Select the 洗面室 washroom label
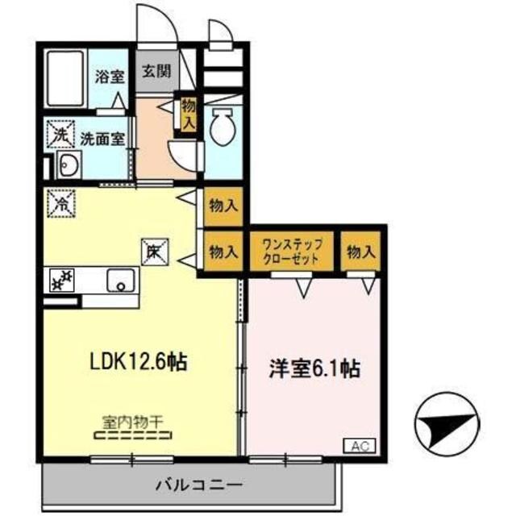pos(102,138)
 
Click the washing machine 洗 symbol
pos(60,135)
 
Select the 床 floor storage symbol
pos(154,252)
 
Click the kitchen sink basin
pos(122,281)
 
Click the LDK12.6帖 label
pos(138,362)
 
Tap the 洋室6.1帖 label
pos(314,370)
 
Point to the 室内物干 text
pos(132,421)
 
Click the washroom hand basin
pos(69,169)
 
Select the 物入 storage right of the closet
pos(361,252)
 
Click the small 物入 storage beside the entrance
pos(189,113)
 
